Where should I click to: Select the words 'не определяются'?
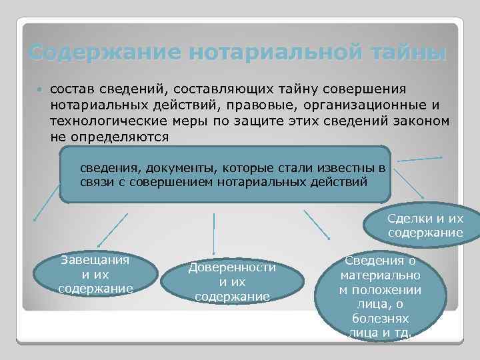109,137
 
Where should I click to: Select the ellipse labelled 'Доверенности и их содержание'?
232,281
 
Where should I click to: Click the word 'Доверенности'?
232,267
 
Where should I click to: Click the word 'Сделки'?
409,219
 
